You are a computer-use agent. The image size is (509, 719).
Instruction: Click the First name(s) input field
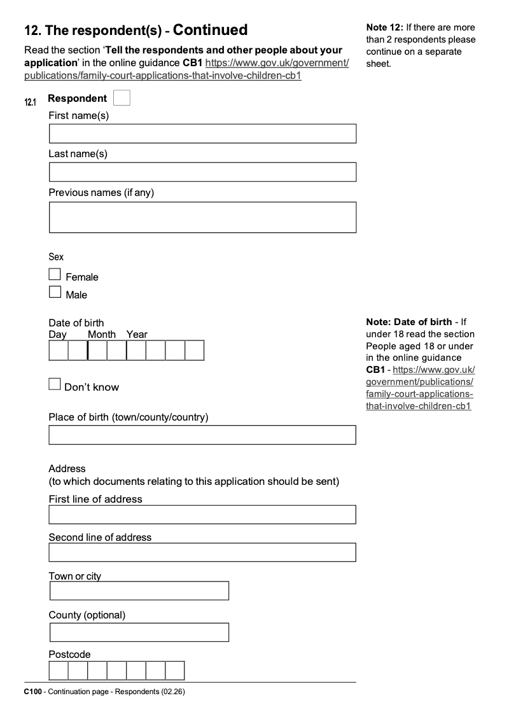click(x=202, y=134)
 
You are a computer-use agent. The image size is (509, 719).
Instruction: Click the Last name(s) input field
click(x=202, y=172)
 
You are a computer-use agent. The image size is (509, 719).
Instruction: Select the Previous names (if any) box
click(x=202, y=217)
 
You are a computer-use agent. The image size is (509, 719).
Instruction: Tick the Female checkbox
click(x=55, y=275)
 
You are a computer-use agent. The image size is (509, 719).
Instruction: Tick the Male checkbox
click(x=55, y=293)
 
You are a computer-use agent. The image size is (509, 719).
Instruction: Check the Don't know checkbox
click(x=55, y=384)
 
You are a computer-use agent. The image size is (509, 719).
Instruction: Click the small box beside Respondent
click(x=122, y=98)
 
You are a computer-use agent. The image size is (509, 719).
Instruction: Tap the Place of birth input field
click(x=202, y=435)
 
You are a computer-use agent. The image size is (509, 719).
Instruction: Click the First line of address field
click(x=202, y=515)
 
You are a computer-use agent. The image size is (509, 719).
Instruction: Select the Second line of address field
click(x=202, y=552)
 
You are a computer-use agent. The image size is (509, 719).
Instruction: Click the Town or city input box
click(x=139, y=591)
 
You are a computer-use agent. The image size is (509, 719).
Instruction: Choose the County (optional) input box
click(x=139, y=632)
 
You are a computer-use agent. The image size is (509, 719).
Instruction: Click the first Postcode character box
click(x=59, y=671)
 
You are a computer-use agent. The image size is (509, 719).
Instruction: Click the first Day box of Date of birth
click(x=59, y=351)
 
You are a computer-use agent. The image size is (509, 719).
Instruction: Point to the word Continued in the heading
click(x=210, y=30)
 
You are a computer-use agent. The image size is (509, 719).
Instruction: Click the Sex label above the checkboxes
click(x=56, y=257)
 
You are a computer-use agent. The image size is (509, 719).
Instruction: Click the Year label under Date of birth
click(x=137, y=335)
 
